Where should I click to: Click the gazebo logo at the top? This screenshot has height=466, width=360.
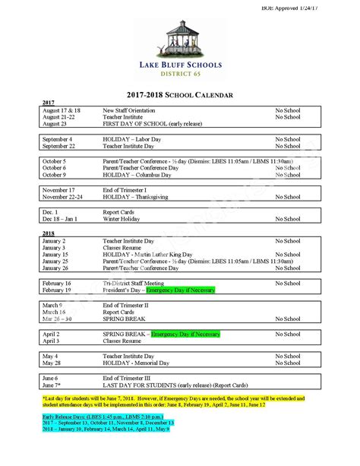(179, 37)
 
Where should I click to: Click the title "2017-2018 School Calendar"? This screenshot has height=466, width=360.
(179, 94)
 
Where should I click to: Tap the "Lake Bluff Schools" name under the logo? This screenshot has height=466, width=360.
(180, 66)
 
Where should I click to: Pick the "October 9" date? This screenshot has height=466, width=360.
(55, 175)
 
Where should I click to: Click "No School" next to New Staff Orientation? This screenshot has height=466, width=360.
(287, 109)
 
